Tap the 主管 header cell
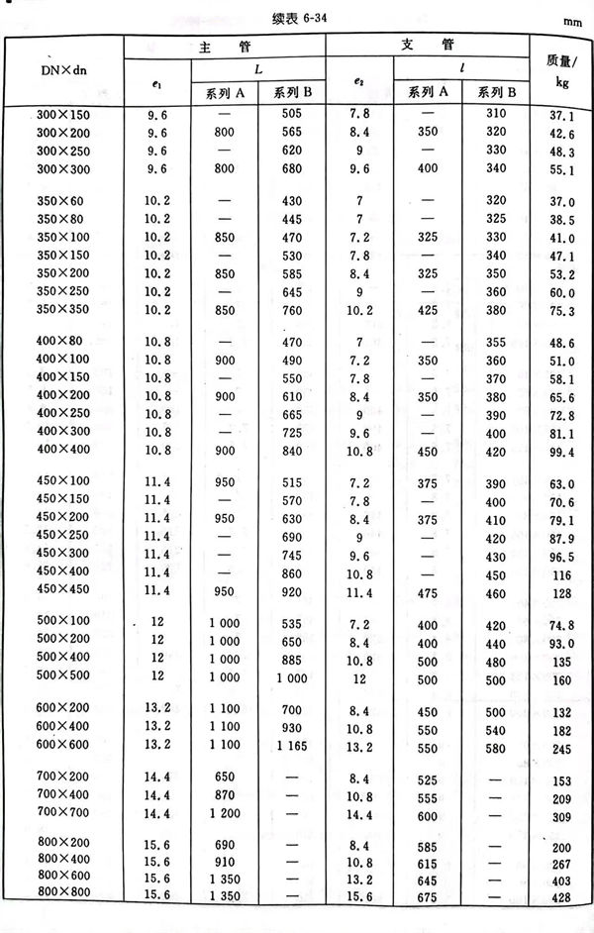[225, 46]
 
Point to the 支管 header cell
[429, 46]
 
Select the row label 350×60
[57, 200]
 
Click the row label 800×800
[59, 893]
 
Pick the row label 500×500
[59, 681]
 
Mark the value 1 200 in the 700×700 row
[225, 812]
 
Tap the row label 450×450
[59, 592]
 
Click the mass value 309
[562, 815]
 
